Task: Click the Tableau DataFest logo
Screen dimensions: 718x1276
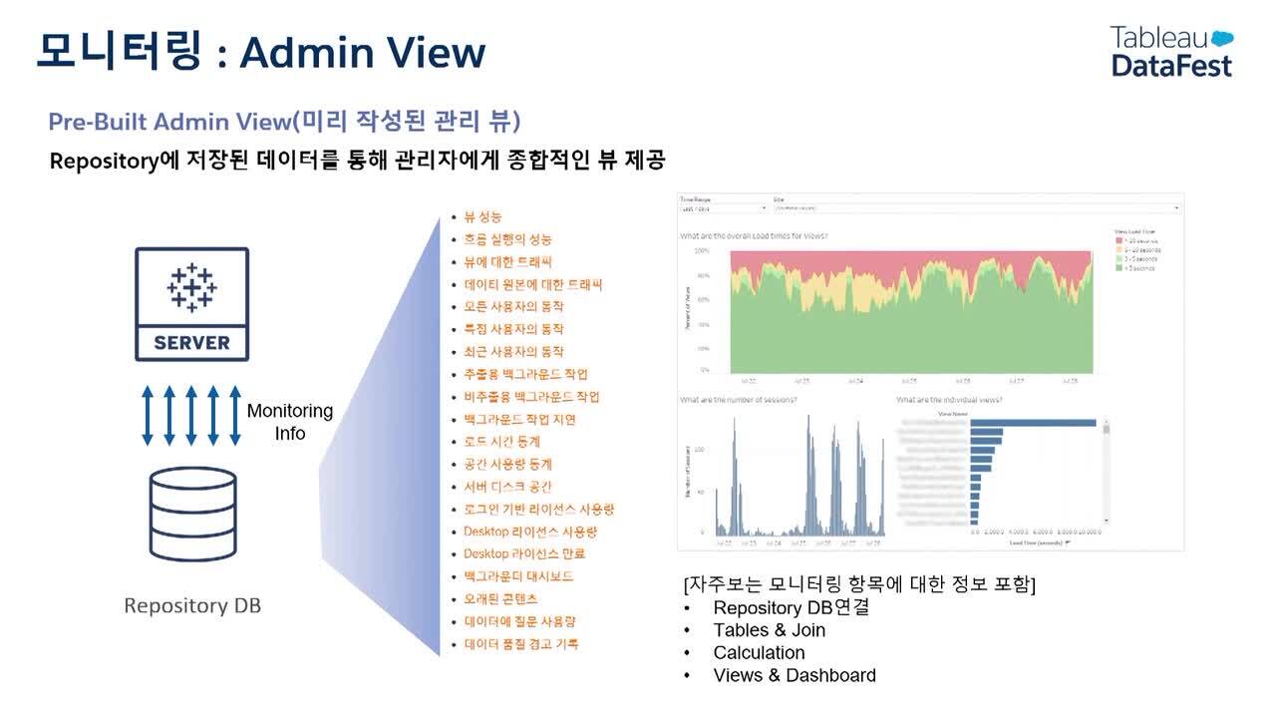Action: (x=1171, y=51)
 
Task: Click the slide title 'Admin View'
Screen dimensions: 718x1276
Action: (x=362, y=52)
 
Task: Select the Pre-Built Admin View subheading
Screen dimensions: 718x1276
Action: (x=284, y=122)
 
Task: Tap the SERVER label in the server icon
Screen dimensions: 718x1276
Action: (x=191, y=343)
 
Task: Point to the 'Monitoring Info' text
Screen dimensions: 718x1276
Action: (x=290, y=422)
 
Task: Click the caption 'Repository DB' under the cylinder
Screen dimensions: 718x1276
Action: (x=192, y=605)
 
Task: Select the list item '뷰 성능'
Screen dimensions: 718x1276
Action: (x=482, y=216)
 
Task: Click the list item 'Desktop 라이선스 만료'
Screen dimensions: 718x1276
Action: (x=524, y=553)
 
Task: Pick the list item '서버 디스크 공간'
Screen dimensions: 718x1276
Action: (x=507, y=487)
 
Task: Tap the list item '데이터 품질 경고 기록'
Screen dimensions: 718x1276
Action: (x=520, y=644)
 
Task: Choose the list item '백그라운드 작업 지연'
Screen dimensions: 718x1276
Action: (x=519, y=419)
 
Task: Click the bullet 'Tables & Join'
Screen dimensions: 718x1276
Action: (x=769, y=630)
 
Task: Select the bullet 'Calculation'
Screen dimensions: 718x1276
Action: (x=759, y=653)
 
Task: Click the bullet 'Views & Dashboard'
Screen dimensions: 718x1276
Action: (x=795, y=675)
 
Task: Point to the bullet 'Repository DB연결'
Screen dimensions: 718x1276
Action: (x=791, y=607)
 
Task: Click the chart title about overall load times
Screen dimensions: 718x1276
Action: (x=754, y=236)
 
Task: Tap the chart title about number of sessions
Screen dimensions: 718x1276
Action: (x=738, y=400)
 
